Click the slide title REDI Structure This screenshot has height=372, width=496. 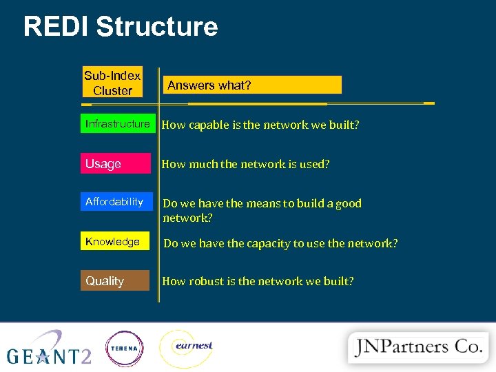click(121, 27)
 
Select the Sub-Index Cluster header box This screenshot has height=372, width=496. click(112, 83)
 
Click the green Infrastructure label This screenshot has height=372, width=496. click(116, 124)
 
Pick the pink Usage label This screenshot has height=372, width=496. click(115, 164)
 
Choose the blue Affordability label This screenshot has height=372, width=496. click(115, 202)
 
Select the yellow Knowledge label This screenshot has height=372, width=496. click(115, 242)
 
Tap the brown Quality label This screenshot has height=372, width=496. click(115, 281)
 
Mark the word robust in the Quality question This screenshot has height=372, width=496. click(206, 281)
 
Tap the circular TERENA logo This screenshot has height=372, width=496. click(124, 349)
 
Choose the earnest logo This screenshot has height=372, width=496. click(187, 348)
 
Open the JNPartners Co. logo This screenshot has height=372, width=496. click(417, 346)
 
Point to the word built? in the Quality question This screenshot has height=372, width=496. click(338, 281)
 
